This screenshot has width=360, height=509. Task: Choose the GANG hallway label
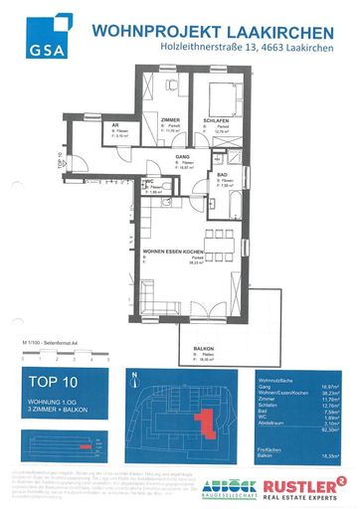pos(183,156)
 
